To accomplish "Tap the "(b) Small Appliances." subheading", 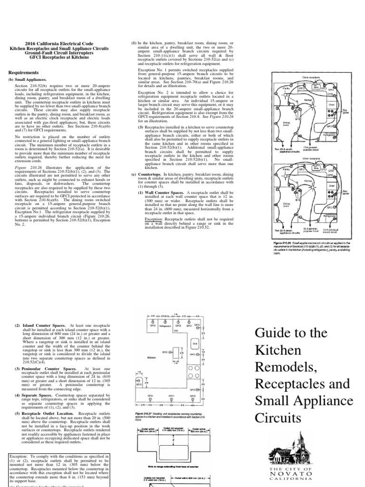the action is (28, 80).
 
